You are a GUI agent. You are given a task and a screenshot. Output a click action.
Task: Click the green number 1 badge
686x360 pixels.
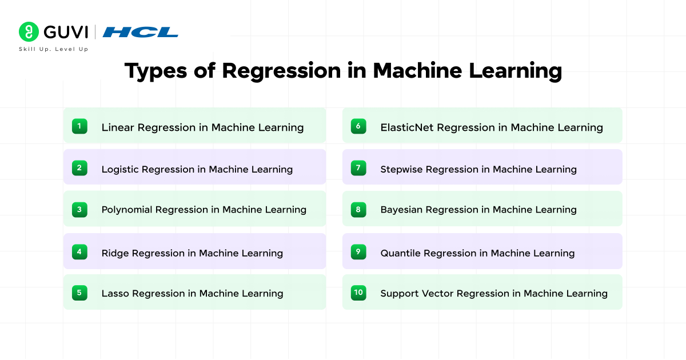tap(79, 126)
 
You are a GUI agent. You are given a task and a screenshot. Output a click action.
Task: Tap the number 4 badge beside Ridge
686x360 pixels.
tap(79, 252)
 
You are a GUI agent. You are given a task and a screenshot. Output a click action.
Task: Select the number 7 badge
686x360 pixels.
tap(358, 168)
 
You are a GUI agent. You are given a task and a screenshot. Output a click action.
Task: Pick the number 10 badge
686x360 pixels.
tap(358, 293)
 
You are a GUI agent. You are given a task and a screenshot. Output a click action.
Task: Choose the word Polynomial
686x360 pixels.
tap(127, 210)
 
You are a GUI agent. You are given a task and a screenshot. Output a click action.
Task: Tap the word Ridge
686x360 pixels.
tap(115, 253)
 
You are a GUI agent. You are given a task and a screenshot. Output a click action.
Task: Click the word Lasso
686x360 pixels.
tap(115, 293)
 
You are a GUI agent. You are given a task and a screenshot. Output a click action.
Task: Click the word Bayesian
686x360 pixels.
tap(401, 210)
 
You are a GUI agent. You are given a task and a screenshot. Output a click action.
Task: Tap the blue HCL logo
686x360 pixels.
tap(140, 32)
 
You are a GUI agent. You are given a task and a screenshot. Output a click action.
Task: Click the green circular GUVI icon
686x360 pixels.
tap(28, 31)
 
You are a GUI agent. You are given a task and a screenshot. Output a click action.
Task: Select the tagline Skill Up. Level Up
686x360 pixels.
tap(53, 49)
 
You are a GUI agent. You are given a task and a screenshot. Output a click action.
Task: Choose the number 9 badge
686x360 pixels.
tap(358, 252)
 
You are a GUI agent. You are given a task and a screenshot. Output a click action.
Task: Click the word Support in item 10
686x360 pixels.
tap(400, 294)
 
